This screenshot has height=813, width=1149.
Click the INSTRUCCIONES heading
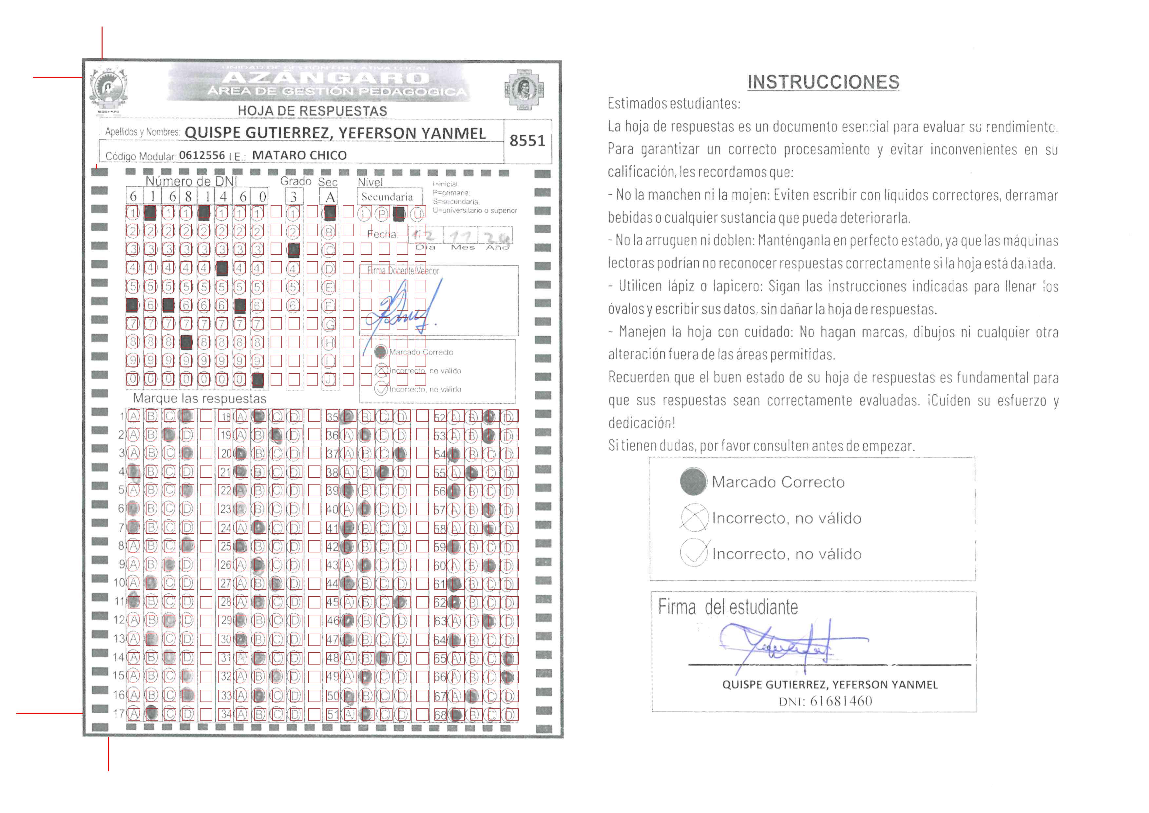tap(823, 82)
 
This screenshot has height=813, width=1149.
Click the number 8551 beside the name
tap(527, 141)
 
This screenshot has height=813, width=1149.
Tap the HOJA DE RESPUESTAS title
tap(312, 111)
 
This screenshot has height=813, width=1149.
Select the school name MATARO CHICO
tap(299, 155)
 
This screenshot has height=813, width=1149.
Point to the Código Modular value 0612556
tap(202, 155)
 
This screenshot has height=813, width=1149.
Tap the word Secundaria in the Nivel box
tap(387, 197)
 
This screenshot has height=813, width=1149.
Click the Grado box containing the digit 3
tap(294, 197)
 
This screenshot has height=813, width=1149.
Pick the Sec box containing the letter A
tap(330, 197)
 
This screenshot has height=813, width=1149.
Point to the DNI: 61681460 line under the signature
tap(825, 701)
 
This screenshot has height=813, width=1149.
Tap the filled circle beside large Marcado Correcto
tap(693, 481)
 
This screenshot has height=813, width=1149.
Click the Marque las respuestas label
tap(199, 399)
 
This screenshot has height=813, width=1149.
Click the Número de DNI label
tap(191, 181)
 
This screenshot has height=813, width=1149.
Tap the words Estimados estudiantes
tap(674, 104)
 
